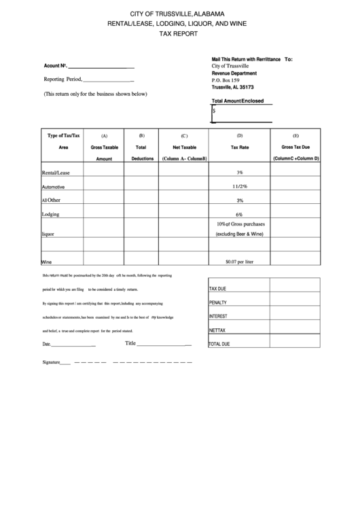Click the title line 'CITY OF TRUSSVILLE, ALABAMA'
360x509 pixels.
tap(179, 14)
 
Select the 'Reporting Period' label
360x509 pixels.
tap(62, 80)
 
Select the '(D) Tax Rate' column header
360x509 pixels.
tap(240, 141)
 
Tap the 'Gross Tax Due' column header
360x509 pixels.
tap(295, 147)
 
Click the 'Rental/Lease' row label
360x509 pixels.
tap(56, 173)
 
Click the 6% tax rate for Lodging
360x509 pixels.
tap(240, 214)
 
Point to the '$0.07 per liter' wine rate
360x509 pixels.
tap(239, 261)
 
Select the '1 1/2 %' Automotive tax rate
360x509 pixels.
tap(239, 186)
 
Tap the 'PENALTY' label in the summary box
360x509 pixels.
tap(218, 303)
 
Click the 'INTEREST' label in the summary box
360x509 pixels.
tap(219, 317)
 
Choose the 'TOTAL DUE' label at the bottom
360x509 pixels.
tap(219, 345)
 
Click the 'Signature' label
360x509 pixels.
tap(52, 363)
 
